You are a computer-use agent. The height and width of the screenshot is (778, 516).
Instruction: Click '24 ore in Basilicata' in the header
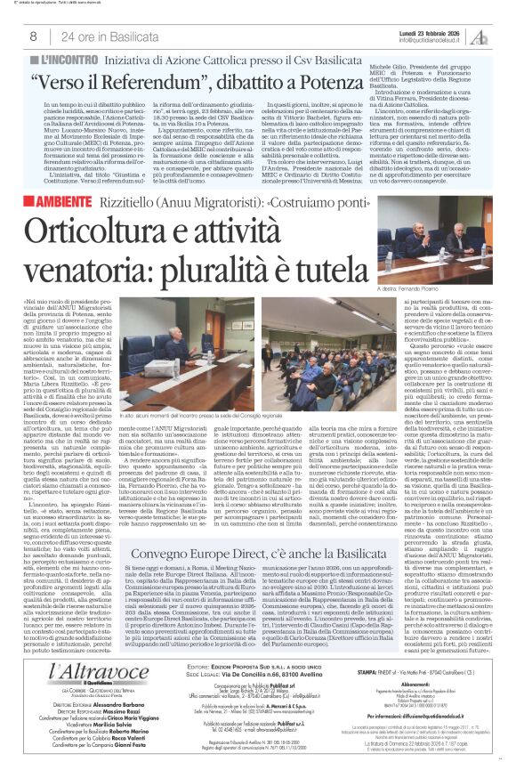tap(97, 36)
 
